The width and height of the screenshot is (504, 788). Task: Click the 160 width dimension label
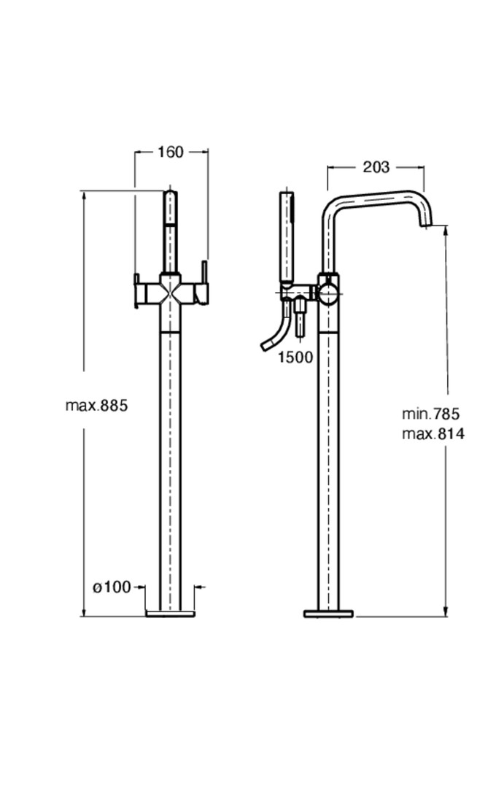pos(171,152)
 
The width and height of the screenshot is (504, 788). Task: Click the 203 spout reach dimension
pos(376,167)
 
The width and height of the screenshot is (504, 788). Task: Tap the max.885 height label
pos(97,405)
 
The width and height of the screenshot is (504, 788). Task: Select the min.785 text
pos(430,414)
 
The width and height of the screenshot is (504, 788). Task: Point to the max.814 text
pos(433,433)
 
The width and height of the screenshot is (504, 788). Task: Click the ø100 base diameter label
pos(112,587)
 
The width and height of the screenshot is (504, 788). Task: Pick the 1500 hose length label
pos(295,357)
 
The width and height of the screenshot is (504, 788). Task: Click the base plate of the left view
pos(171,614)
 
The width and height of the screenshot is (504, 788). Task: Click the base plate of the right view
pos(329,614)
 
